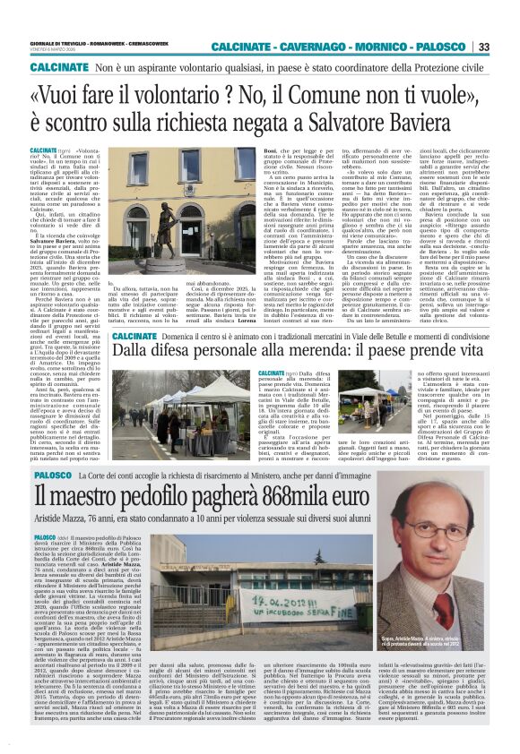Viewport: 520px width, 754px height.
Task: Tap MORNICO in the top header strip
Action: coord(387,47)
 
